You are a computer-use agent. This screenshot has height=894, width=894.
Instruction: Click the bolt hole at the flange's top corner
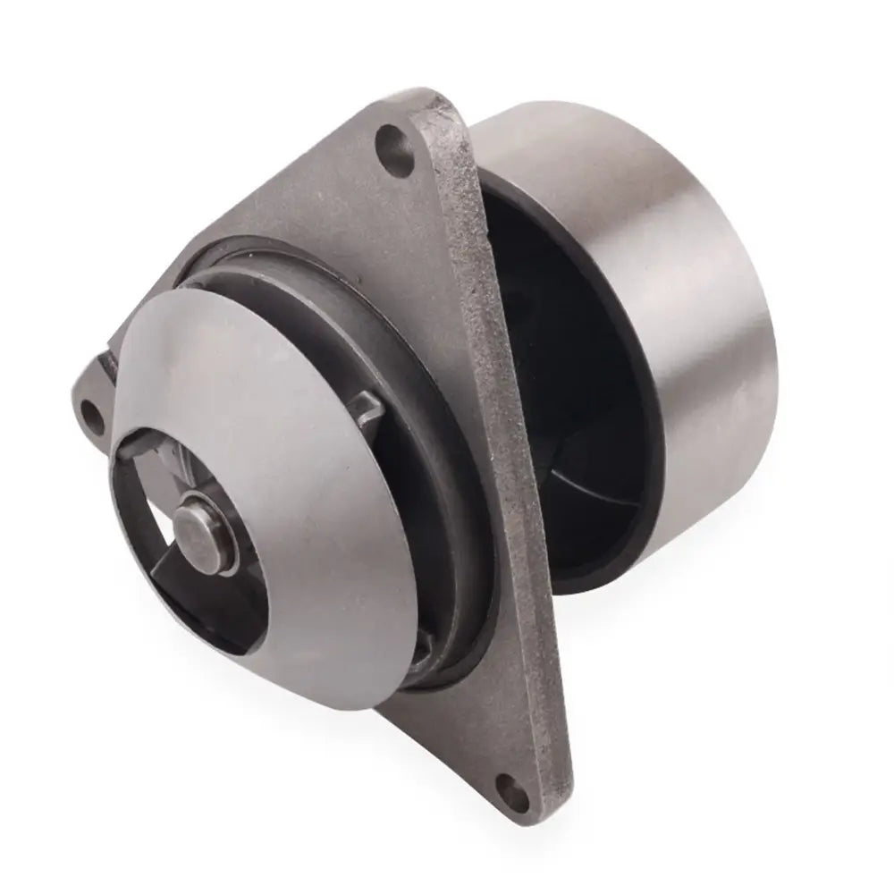pyautogui.click(x=389, y=139)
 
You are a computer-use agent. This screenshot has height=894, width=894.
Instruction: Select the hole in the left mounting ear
pyautogui.click(x=91, y=412)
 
